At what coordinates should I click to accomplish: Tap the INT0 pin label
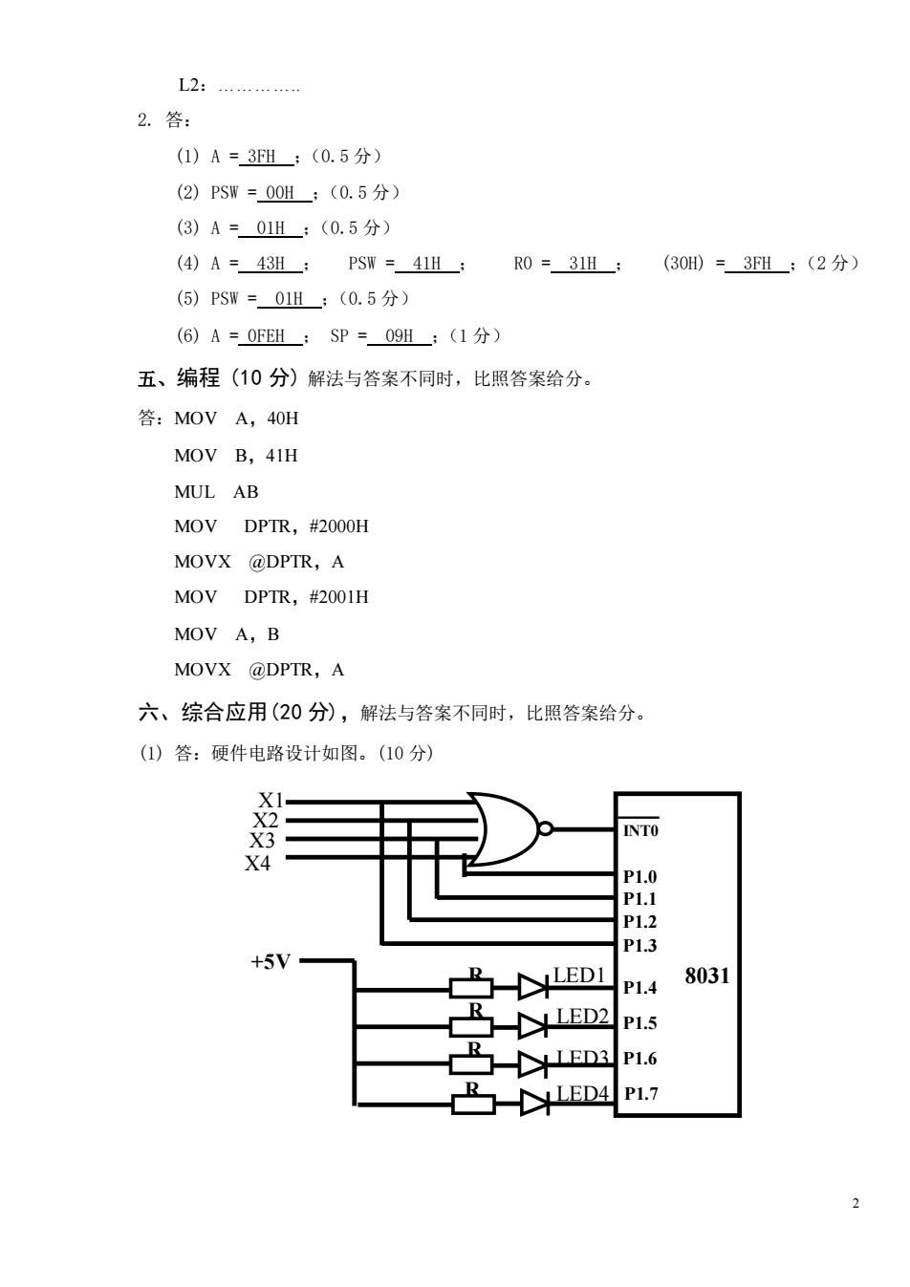point(640,830)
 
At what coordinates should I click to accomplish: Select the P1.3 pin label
point(639,945)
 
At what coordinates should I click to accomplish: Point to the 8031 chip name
point(706,976)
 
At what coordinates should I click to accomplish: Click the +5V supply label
point(271,961)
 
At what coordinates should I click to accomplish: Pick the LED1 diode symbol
point(533,988)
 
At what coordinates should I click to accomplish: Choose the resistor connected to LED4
point(473,1105)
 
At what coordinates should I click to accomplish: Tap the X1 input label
point(271,801)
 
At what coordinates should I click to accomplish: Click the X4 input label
point(257,863)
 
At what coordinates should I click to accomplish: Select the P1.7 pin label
point(641,1093)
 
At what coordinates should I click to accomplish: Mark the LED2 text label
point(582,1017)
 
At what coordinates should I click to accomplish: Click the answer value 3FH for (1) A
point(261,157)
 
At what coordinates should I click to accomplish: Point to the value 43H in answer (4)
point(271,263)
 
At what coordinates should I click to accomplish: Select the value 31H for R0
point(583,263)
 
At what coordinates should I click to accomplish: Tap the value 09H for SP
point(399,335)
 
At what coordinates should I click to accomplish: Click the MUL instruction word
point(194,492)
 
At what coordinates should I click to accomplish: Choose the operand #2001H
point(338,597)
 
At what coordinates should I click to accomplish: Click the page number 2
point(856,1203)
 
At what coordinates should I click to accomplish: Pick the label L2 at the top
point(189,86)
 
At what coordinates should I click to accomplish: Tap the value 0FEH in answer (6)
point(266,335)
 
